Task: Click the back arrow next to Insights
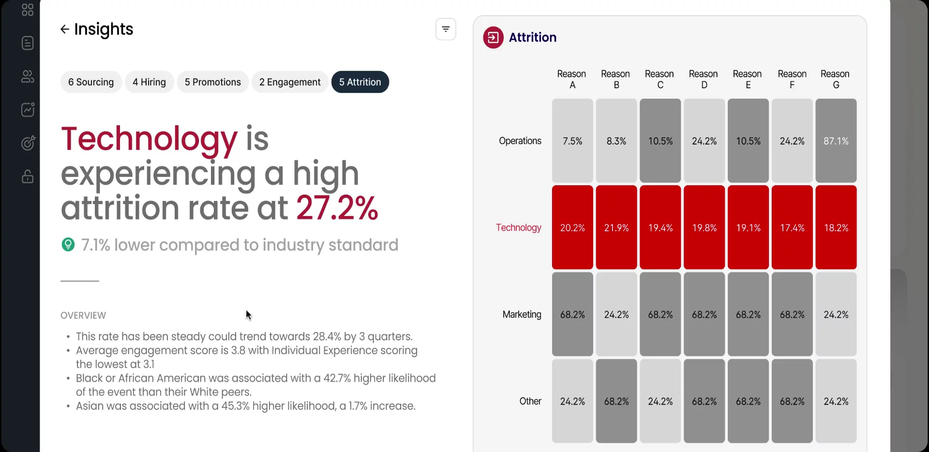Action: coord(64,30)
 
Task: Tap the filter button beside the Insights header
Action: coord(446,30)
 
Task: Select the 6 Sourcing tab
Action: coord(91,82)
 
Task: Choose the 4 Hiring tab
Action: coord(149,82)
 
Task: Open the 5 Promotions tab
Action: coord(212,82)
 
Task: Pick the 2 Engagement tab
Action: coord(290,82)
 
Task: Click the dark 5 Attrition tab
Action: coord(360,82)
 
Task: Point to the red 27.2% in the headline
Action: coord(337,208)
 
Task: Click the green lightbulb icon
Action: coord(68,244)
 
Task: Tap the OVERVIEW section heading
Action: coord(83,316)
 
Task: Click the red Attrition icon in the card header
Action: coord(493,37)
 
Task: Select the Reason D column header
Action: coord(704,79)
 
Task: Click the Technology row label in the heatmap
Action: coord(518,227)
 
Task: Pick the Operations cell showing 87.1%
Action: coord(836,141)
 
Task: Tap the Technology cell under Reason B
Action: coord(616,227)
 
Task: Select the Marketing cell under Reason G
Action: coord(836,315)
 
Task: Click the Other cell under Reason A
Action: coord(572,401)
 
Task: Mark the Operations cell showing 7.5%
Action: coord(572,141)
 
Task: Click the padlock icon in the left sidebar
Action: coord(28,176)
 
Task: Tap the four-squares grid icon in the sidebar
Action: coord(28,10)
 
